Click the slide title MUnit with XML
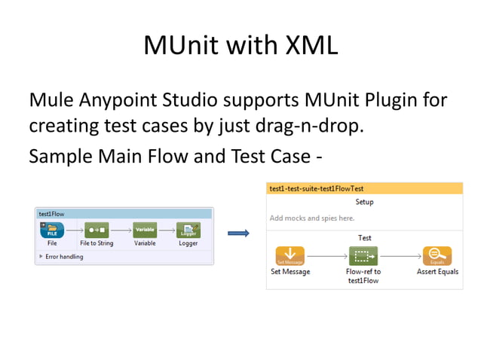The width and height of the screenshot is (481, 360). pos(240,45)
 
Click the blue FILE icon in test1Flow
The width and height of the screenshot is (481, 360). pos(52,230)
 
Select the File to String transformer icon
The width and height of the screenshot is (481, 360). pos(97,230)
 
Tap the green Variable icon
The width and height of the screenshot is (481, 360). pos(145,230)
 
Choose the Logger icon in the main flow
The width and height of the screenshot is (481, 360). pos(188,230)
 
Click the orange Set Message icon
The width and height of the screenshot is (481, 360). pos(290,255)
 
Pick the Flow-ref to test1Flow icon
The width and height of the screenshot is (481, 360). pos(363,255)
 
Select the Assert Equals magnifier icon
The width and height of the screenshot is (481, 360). pos(437,255)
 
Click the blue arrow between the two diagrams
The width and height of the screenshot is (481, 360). pos(238,233)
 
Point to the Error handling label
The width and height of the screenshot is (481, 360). pos(64,257)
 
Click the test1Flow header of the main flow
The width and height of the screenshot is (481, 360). pos(52,214)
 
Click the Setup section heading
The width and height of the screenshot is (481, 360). pos(364,202)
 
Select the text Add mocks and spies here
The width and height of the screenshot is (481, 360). pos(312,218)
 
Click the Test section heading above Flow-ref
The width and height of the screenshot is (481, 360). pos(364,238)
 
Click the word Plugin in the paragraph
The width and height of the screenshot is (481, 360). pos(378,99)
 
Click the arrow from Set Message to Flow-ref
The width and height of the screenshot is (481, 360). pos(326,256)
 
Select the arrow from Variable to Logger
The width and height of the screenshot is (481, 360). pos(167,230)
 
